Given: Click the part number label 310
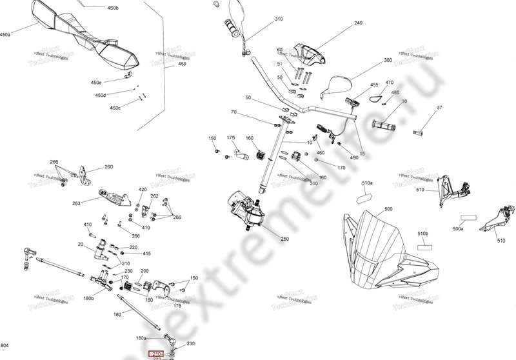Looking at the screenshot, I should pos(279,19).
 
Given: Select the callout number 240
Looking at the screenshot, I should pos(358,23).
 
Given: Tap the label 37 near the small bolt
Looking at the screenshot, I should pos(440,108).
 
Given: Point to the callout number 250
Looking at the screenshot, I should pos(284,239).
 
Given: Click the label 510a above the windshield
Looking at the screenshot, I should pos(367,183).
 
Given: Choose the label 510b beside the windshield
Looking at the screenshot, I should pos(423,233).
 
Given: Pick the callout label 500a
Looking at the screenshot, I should pos(459,228).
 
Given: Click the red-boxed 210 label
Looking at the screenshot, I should pos(155,354).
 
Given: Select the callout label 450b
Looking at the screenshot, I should pos(113,8).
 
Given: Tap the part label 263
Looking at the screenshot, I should pos(76,203).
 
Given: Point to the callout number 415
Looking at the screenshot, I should pos(146,254).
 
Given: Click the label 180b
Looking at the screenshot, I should pos(88,299).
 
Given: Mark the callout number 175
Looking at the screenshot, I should pos(231,139).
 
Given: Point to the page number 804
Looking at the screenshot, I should pos(6,347).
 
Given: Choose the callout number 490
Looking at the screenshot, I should pos(354,158).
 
